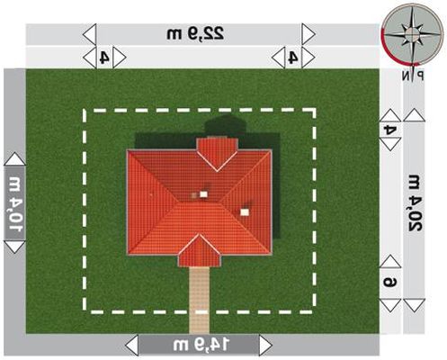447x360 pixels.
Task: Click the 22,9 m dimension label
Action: coord(195,33)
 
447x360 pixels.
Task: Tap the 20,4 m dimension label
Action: coord(415,202)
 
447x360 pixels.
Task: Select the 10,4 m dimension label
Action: coord(15,204)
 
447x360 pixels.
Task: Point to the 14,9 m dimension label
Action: coord(201,345)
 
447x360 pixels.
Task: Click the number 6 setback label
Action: coord(390,283)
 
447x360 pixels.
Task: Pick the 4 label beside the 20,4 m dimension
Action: coord(390,130)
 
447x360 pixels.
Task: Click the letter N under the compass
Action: coord(406,76)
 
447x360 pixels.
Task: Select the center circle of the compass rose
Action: coord(413,32)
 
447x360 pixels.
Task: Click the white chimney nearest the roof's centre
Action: coord(203,194)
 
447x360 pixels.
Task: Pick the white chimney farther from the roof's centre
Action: coord(245,212)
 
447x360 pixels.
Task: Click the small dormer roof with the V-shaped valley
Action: coord(217,154)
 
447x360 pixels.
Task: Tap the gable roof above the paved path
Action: coord(200,251)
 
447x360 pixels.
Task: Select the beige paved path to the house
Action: coord(199,300)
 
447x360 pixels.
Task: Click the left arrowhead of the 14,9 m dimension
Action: coord(132,346)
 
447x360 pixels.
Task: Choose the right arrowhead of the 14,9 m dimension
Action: coord(265,346)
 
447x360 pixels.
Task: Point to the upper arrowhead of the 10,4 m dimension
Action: coord(14,158)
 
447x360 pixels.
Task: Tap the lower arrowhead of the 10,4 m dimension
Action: coord(14,247)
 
